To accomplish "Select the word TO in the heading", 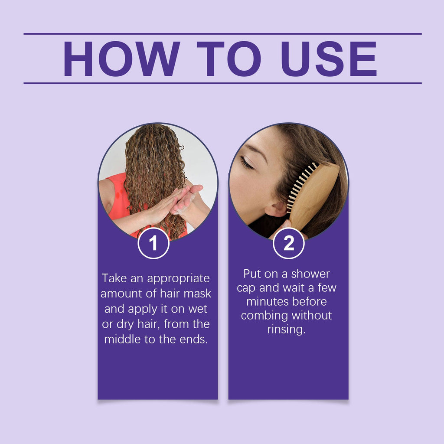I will click(x=229, y=59).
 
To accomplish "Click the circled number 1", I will click(x=153, y=244).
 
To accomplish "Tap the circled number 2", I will click(x=288, y=244).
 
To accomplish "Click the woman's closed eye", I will click(x=246, y=163).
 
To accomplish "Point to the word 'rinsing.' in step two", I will click(x=286, y=329).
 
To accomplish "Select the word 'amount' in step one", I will click(x=121, y=294).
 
